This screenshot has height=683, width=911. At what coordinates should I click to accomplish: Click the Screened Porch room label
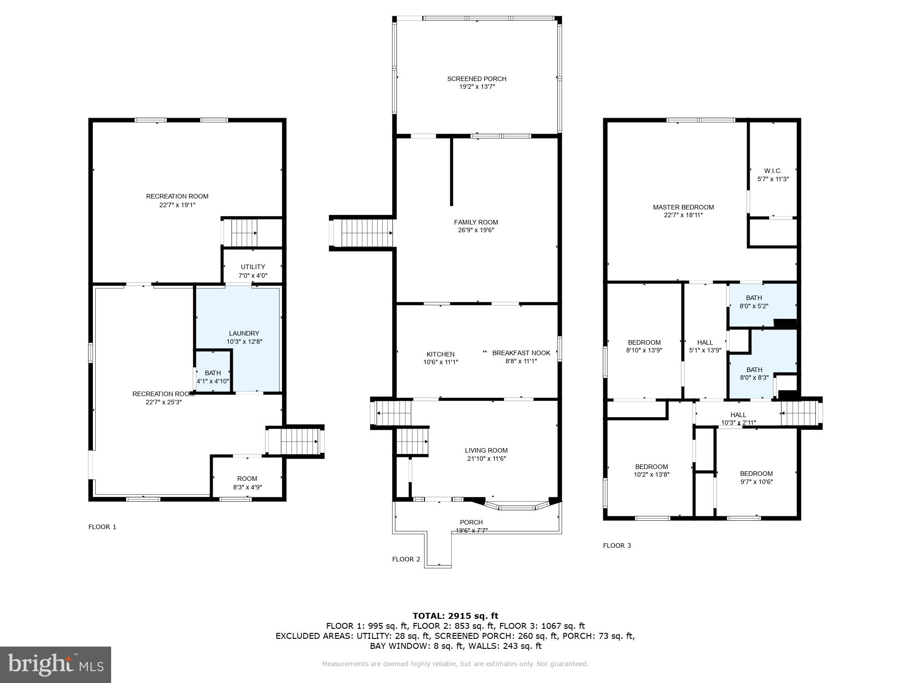coord(476,79)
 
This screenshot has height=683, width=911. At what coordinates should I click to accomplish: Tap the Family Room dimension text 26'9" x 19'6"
coord(476,230)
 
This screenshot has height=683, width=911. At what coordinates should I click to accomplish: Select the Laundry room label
coord(244,333)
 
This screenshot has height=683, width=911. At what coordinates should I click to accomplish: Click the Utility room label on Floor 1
coord(253,267)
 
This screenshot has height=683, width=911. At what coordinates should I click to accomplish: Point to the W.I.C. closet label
coord(773,171)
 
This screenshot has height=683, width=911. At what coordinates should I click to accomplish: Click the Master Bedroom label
coord(683,207)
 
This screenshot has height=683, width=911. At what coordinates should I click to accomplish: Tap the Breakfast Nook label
coord(521,353)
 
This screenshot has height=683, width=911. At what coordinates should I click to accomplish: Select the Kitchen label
coord(440,354)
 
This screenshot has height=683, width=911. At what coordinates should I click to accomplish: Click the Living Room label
coord(486,450)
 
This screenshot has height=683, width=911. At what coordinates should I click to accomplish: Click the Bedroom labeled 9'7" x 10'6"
coord(756,474)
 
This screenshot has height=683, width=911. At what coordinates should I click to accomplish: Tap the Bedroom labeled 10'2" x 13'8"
coord(651,467)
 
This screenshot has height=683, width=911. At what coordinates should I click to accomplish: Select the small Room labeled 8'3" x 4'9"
coord(247,479)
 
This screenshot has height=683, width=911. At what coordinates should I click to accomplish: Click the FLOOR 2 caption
coord(406,559)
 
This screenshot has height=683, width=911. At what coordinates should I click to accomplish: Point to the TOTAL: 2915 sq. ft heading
coord(455,616)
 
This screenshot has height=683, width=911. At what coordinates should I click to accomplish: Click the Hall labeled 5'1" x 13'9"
coord(705,342)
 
